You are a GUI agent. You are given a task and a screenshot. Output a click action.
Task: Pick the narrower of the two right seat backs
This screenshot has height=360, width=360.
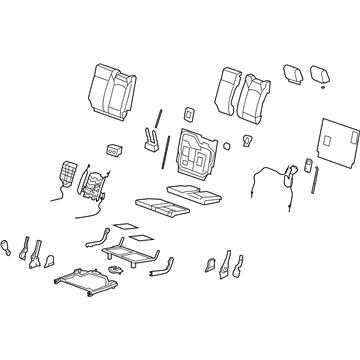228,90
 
